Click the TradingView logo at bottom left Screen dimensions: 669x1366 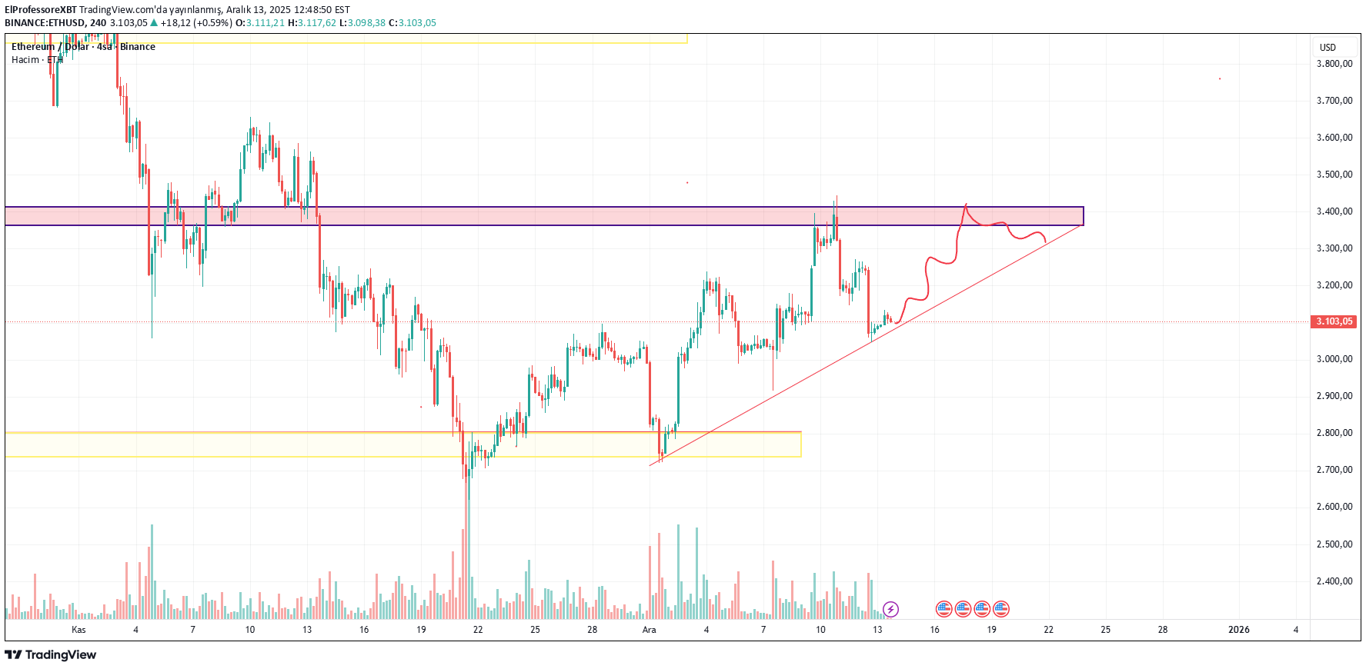[51, 655]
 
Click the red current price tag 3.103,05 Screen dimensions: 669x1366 [1333, 321]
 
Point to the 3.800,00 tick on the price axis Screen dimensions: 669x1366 [1334, 64]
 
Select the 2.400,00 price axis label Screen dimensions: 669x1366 [1334, 581]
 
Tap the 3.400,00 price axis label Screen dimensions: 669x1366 [1334, 211]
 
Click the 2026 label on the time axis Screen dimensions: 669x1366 [1239, 630]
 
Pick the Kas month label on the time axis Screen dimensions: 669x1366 [78, 630]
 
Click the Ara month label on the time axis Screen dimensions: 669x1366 [650, 630]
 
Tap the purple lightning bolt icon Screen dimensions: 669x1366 [890, 610]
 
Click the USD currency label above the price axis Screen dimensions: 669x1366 [1328, 48]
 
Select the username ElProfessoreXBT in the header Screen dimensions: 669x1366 [41, 10]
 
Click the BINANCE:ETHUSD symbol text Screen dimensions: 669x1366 [45, 23]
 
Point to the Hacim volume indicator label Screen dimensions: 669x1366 [25, 60]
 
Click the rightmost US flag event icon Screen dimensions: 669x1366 [1000, 609]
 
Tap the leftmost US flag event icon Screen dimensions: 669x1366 [944, 609]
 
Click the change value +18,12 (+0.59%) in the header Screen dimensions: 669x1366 [195, 23]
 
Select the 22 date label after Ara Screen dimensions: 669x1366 [1048, 630]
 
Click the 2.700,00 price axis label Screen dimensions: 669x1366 [1334, 470]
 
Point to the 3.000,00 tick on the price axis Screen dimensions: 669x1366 [1334, 359]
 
